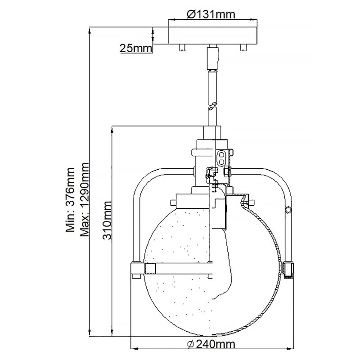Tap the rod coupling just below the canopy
click(211, 58)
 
